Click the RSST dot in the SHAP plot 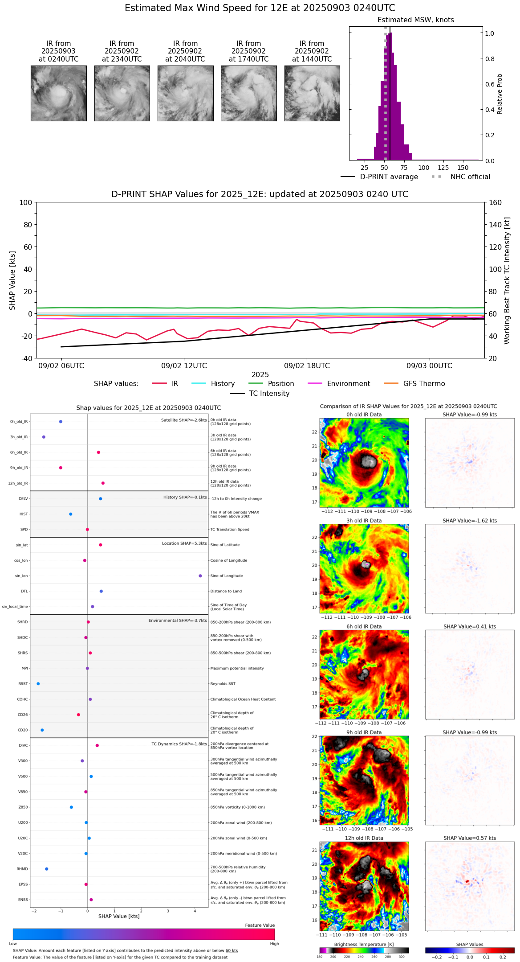coord(38,683)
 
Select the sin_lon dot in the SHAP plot coord(200,576)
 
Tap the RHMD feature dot coord(46,868)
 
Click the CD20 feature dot coord(42,730)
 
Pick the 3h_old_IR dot coord(44,437)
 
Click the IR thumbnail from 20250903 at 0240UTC coord(59,93)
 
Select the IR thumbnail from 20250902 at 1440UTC coord(312,93)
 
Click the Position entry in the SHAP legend coord(280,383)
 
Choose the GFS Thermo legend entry coord(423,383)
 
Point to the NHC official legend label coord(470,177)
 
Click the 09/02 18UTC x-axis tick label coord(307,366)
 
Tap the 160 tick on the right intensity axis coord(495,202)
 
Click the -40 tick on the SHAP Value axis coord(25,358)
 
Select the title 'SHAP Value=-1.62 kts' coord(470,521)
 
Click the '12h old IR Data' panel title coord(364,838)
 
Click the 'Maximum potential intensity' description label coord(237,668)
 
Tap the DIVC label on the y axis coord(23,745)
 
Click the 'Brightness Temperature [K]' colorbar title coord(364,944)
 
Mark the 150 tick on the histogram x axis coord(463,168)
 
